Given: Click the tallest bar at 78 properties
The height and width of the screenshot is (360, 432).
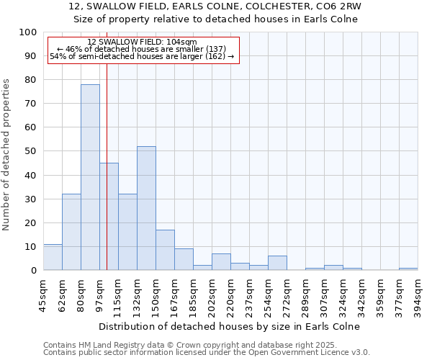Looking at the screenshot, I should pos(90,177).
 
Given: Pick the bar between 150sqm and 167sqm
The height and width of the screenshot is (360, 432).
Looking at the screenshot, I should pos(165,250).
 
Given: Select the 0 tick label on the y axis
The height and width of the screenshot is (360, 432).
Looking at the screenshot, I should pos(33,270).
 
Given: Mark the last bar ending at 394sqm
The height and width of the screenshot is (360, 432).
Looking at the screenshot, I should pos(408,269).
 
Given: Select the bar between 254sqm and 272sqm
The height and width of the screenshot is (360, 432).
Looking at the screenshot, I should pos(277,263).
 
